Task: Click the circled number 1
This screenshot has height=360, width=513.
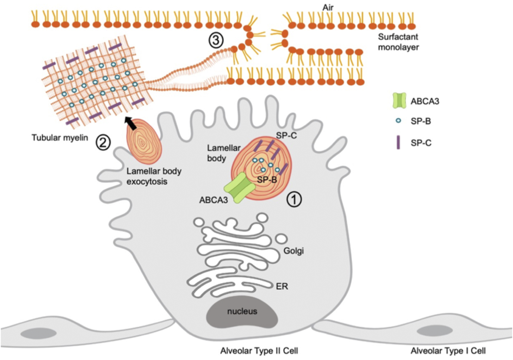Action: point(294,199)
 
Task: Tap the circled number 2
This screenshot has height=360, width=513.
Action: point(103,142)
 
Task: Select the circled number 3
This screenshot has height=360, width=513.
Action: point(216,40)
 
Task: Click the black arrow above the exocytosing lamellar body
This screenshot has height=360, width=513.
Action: point(131,123)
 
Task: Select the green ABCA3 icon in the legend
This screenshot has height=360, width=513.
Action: point(399,101)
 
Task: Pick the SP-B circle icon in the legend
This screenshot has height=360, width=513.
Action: point(398,121)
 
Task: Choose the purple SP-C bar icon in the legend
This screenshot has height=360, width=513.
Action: point(398,142)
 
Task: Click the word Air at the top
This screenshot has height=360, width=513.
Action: point(328,7)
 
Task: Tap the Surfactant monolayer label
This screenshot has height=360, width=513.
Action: point(398,42)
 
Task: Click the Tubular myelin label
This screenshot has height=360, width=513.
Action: point(60,137)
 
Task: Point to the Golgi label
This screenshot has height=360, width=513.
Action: point(293,251)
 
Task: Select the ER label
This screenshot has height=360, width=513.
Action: point(282,286)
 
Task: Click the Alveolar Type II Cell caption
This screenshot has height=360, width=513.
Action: point(259,351)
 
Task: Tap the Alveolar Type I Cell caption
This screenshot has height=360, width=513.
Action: point(448,351)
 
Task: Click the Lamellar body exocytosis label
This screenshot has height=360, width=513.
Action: point(154,176)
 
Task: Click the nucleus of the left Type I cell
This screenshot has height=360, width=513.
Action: point(38,333)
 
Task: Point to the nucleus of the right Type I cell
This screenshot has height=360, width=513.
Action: point(434,331)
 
